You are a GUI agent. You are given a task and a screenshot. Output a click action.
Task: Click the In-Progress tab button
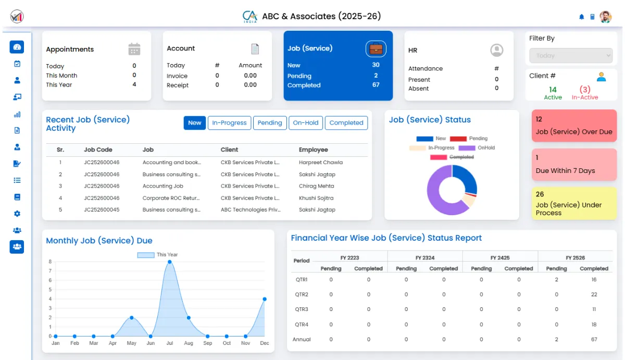(229, 123)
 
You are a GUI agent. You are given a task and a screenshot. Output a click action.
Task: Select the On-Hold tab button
(305, 123)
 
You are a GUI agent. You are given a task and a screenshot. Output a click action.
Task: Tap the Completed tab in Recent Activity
(346, 123)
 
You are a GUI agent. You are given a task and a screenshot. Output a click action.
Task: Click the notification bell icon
(582, 17)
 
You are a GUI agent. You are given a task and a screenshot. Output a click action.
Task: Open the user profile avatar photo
(605, 17)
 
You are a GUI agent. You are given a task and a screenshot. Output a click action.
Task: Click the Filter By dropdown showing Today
(571, 56)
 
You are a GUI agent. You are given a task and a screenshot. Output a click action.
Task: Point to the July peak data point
(169, 262)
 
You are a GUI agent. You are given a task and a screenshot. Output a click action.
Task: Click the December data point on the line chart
(265, 299)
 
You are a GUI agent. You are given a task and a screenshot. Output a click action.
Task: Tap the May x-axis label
(131, 343)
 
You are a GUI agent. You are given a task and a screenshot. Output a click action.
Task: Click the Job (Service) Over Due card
(574, 126)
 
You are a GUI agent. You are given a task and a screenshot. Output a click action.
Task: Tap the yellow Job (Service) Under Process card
(574, 203)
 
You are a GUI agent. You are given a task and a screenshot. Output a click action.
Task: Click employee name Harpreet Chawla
(320, 163)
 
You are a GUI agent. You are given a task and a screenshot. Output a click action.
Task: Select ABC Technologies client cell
(250, 210)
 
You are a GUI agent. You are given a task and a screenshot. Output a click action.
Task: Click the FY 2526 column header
(575, 258)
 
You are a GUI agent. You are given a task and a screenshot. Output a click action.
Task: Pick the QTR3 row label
(302, 309)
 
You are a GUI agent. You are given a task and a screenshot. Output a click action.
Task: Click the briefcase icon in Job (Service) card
(376, 49)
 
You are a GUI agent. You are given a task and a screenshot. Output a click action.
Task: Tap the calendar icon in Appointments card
(134, 49)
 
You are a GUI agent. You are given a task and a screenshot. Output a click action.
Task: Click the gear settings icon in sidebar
(17, 214)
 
